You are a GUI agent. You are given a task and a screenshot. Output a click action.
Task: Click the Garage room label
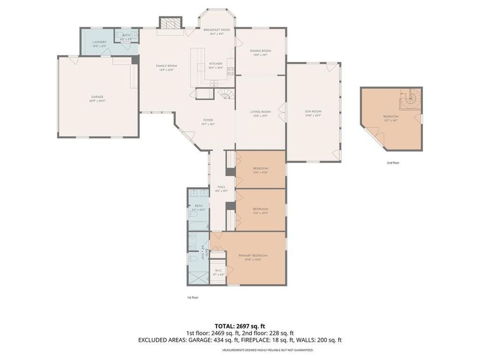click(x=97, y=97)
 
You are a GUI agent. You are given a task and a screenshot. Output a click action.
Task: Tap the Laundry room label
click(x=99, y=42)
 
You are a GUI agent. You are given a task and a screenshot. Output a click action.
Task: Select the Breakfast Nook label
click(x=217, y=30)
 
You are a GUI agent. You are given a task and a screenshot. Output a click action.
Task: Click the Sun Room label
click(x=313, y=111)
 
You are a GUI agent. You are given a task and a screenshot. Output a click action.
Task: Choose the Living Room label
click(x=260, y=111)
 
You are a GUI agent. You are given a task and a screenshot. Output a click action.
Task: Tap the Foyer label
click(x=207, y=121)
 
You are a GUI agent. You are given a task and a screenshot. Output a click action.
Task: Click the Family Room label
click(x=166, y=66)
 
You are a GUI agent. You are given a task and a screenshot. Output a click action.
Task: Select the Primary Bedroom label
click(x=252, y=255)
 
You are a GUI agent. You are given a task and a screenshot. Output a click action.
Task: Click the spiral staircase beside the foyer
click(x=226, y=94)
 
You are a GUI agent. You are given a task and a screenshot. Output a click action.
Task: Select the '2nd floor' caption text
click(x=393, y=162)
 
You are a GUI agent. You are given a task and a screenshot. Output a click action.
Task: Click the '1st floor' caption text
click(x=193, y=297)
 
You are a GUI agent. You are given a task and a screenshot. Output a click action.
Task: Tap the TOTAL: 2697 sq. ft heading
click(x=239, y=325)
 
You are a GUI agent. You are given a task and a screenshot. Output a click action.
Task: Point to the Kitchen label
click(x=216, y=63)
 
